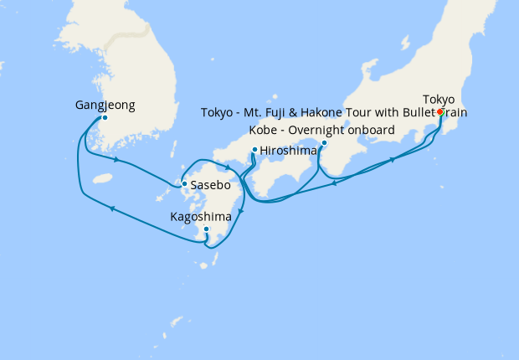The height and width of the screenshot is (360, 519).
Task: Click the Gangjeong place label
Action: click(105, 105)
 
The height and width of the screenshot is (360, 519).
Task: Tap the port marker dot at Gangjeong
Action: click(105, 118)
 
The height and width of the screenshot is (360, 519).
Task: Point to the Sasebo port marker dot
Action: click(184, 183)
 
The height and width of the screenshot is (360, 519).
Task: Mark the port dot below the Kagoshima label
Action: click(206, 229)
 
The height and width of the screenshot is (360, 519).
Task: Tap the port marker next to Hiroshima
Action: click(254, 151)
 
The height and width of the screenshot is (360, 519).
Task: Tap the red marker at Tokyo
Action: click(440, 112)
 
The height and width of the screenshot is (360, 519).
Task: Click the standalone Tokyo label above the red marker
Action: click(439, 98)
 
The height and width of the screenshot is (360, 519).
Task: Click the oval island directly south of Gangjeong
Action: click(103, 178)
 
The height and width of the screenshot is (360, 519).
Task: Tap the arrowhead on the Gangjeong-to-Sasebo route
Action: click(115, 159)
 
